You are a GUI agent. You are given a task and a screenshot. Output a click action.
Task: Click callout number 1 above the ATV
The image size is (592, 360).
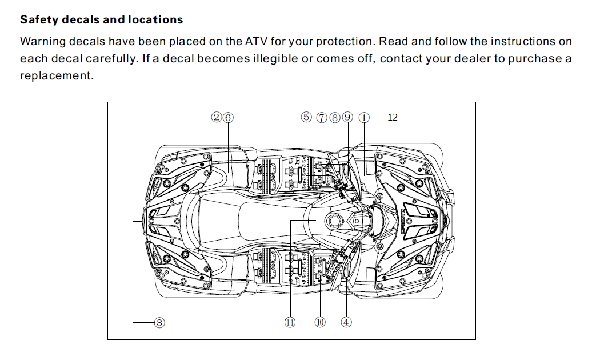[364, 117]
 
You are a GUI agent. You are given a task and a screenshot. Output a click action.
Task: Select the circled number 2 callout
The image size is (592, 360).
[217, 117]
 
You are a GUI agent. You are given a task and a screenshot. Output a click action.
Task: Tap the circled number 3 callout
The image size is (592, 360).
[160, 323]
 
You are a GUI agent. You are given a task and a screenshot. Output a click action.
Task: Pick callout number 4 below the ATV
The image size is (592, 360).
[346, 322]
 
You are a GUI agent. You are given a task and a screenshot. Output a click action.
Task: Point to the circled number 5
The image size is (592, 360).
[306, 117]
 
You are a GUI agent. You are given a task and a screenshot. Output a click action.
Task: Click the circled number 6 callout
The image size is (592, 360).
[228, 117]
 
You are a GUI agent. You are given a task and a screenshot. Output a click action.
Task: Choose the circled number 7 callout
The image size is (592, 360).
[322, 117]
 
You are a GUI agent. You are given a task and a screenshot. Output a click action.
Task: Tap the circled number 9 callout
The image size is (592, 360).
[348, 117]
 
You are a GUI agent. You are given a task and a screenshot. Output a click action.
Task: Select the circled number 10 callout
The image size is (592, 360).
[320, 322]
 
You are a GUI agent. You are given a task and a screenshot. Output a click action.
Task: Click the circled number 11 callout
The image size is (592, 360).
[290, 322]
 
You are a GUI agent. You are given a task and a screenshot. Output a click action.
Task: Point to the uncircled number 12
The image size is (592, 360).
[392, 117]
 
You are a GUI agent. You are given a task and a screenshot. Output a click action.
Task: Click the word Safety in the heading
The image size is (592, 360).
[38, 20]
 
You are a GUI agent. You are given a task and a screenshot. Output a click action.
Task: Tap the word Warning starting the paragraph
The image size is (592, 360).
[42, 42]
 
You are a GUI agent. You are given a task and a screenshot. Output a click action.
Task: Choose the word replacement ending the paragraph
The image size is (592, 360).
[55, 75]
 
